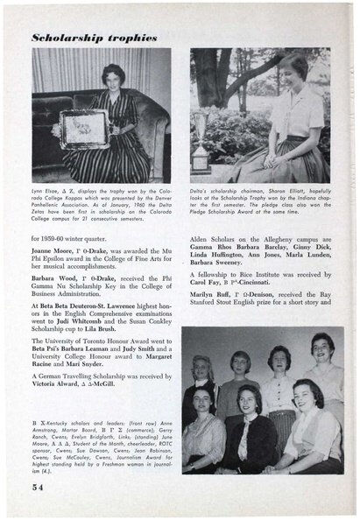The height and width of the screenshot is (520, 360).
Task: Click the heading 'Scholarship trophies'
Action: pyautogui.click(x=95, y=38)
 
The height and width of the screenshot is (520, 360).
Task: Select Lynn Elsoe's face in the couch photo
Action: pyautogui.click(x=113, y=76)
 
